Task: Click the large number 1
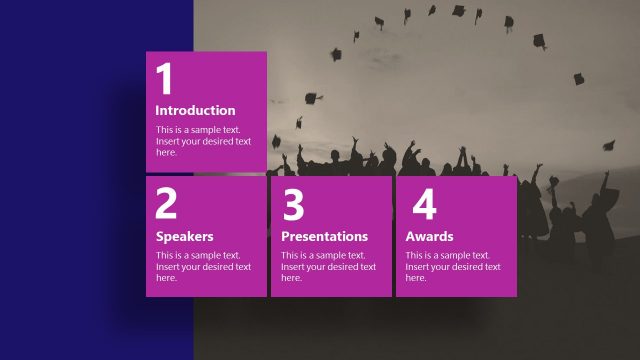[165, 79]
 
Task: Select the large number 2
[166, 204]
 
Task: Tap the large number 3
[293, 204]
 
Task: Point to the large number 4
[424, 204]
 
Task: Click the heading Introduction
[196, 111]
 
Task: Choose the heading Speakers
[185, 237]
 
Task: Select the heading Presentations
[324, 237]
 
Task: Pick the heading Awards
[429, 237]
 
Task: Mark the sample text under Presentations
[328, 267]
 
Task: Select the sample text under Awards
[452, 267]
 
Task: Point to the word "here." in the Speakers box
[166, 278]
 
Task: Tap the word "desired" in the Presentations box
[342, 267]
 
